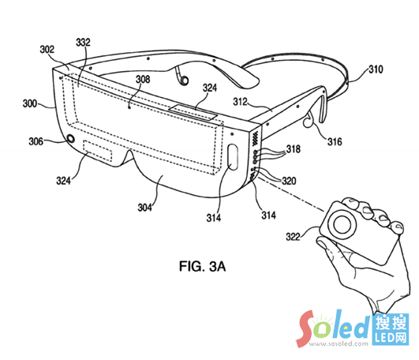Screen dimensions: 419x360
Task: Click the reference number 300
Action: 30,103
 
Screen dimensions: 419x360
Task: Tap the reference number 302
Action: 47,49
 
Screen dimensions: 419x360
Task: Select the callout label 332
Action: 84,42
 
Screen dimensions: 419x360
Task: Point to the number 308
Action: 143,79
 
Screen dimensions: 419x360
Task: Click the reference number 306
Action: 36,141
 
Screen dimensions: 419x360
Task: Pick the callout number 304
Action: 144,208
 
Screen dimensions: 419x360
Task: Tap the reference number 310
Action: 376,69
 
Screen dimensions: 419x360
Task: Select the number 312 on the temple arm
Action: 240,102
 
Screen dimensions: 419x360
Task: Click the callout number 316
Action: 335,141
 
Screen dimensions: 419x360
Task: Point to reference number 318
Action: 294,149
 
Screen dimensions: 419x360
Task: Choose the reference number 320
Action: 289,181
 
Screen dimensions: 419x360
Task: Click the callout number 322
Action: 293,237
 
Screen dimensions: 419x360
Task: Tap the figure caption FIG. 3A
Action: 202,267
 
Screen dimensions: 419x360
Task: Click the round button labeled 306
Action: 71,138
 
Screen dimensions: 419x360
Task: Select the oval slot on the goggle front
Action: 233,157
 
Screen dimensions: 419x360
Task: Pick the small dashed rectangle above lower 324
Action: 98,151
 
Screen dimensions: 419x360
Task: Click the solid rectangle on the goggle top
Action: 193,112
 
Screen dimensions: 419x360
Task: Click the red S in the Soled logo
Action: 306,328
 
